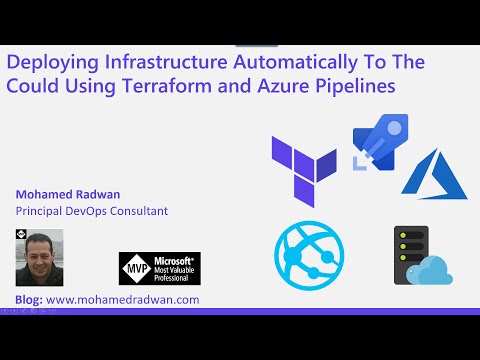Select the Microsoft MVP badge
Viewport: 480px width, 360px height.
click(x=160, y=269)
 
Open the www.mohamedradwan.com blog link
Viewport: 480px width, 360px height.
click(x=123, y=299)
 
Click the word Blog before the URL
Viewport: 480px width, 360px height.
click(x=29, y=299)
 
